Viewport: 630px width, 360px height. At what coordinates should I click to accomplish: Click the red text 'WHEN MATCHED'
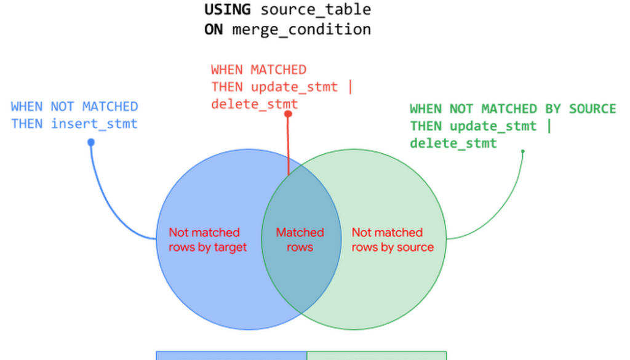pos(258,69)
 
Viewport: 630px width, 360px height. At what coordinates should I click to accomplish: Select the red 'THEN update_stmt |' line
pos(282,87)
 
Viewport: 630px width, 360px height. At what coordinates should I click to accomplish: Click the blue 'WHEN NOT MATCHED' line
pos(74,106)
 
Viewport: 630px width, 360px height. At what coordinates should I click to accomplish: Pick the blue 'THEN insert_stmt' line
pos(74,124)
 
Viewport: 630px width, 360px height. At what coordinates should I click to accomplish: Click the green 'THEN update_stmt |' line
pos(482,127)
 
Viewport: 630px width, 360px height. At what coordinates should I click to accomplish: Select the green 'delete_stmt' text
pos(453,144)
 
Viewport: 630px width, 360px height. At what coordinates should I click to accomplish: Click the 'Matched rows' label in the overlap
pos(300,240)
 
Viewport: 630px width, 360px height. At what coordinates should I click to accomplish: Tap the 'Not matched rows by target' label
pos(207,240)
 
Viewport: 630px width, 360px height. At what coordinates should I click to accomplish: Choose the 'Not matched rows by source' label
pos(392,240)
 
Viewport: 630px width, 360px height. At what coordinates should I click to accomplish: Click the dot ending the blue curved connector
pos(91,141)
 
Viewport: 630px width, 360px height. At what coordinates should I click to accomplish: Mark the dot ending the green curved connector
pos(524,149)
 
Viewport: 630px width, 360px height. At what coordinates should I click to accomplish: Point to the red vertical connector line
pos(289,145)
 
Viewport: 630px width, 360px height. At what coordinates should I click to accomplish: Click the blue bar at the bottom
pos(229,354)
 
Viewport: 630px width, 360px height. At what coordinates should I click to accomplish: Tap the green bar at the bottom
pos(377,354)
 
